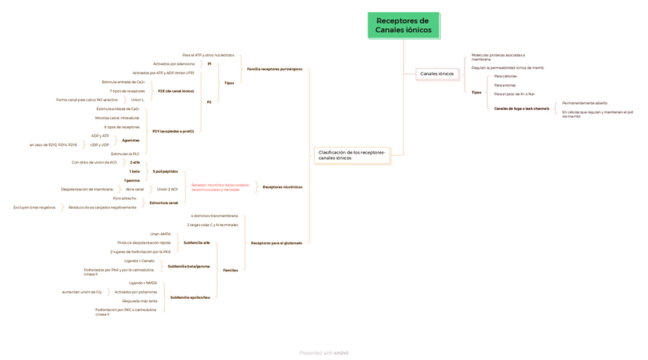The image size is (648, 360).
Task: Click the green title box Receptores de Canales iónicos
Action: [x=403, y=25]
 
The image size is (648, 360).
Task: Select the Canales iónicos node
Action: [x=436, y=74]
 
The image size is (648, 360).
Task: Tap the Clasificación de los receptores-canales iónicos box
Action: [x=352, y=155]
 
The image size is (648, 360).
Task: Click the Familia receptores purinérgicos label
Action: [x=274, y=69]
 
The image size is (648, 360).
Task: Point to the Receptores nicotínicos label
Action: [x=282, y=186]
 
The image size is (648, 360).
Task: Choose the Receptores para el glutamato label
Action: [x=276, y=243]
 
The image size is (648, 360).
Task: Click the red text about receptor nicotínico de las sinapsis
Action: [x=220, y=186]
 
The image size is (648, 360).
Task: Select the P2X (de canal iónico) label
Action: [x=176, y=91]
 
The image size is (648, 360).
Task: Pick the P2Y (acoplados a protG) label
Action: [x=173, y=131]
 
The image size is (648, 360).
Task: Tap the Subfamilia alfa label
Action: [x=196, y=242]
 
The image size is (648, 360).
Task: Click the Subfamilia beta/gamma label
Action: [x=189, y=266]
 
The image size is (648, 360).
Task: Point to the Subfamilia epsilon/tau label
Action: [x=190, y=297]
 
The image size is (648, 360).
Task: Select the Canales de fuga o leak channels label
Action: [x=521, y=109]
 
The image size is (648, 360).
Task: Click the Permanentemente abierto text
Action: [x=585, y=102]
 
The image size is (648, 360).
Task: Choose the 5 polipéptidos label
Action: [x=165, y=171]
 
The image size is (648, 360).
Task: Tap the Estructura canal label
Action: [x=164, y=203]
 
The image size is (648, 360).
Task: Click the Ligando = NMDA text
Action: [x=143, y=283]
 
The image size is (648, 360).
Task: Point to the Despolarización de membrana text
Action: [x=87, y=189]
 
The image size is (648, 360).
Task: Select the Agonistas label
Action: [x=131, y=140]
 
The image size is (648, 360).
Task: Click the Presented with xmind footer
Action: [x=323, y=352]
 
